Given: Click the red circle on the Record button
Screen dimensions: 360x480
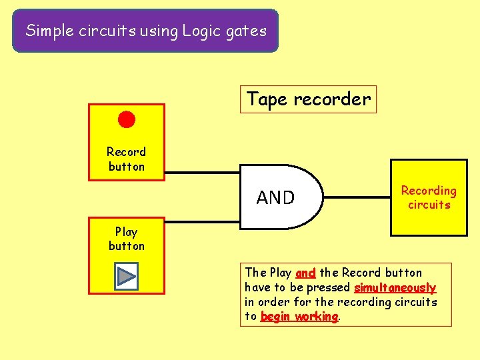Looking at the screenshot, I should click(127, 120).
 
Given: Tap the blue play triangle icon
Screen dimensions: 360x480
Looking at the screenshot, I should click(126, 276).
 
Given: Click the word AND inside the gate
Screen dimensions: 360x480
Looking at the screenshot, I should click(275, 197).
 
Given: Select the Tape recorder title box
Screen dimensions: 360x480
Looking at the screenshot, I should click(308, 99).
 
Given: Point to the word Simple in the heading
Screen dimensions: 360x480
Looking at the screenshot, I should click(47, 30).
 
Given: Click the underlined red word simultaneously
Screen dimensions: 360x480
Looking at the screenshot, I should click(395, 288).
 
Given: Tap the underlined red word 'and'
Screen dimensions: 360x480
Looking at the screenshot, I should click(305, 273).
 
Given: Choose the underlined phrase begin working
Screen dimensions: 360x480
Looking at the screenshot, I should click(299, 317).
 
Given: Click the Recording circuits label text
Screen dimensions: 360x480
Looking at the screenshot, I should click(429, 197).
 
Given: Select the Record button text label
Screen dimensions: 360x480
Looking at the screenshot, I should click(127, 159).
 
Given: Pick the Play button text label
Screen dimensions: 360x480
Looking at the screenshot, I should click(127, 239).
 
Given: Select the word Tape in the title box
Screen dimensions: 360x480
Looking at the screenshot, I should click(267, 99).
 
